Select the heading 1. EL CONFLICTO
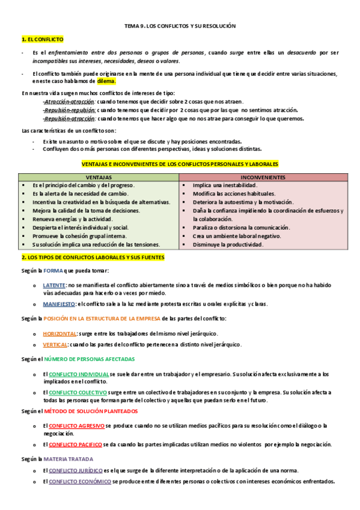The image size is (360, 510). (x=42, y=39)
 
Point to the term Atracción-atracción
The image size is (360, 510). (x=69, y=102)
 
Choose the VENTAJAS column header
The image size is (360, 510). (x=99, y=177)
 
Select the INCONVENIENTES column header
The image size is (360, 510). (x=263, y=177)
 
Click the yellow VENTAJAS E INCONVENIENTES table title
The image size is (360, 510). (x=180, y=164)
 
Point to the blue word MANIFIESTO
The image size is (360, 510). (x=59, y=304)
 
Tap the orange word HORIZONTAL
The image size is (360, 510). (x=59, y=333)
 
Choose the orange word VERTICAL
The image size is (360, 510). (x=55, y=345)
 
